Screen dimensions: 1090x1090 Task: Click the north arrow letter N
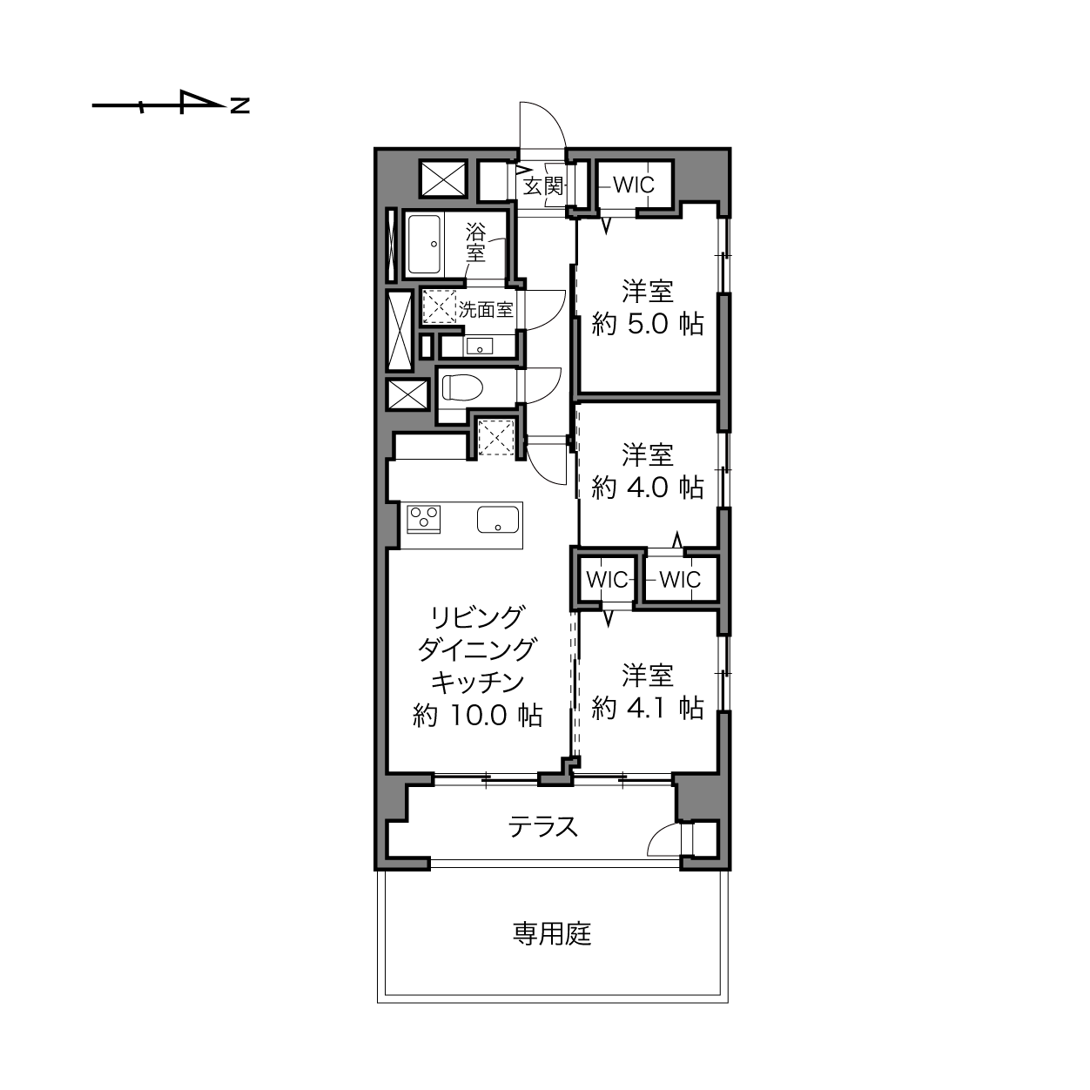[x=239, y=105]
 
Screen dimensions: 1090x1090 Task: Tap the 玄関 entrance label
[x=543, y=185]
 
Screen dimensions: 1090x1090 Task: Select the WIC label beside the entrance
[x=634, y=185]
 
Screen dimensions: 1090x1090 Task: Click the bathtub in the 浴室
[x=424, y=245]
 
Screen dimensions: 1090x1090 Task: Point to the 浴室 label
[x=475, y=242]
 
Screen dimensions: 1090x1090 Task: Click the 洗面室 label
[x=485, y=310]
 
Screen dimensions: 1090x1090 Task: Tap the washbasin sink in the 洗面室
[x=479, y=345]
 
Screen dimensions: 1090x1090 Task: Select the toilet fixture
[x=461, y=388]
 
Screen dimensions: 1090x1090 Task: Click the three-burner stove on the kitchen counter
[x=424, y=519]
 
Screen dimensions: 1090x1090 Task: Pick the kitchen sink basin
[x=498, y=519]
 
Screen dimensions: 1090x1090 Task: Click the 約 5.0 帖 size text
[x=648, y=325]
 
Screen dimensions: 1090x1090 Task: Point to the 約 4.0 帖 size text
[x=648, y=488]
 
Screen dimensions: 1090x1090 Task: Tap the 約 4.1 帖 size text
[x=648, y=708]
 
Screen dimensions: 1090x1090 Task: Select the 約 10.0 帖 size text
[x=478, y=716]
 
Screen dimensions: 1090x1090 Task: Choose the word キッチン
[x=478, y=683]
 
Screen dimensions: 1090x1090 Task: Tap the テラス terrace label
[x=543, y=827]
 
